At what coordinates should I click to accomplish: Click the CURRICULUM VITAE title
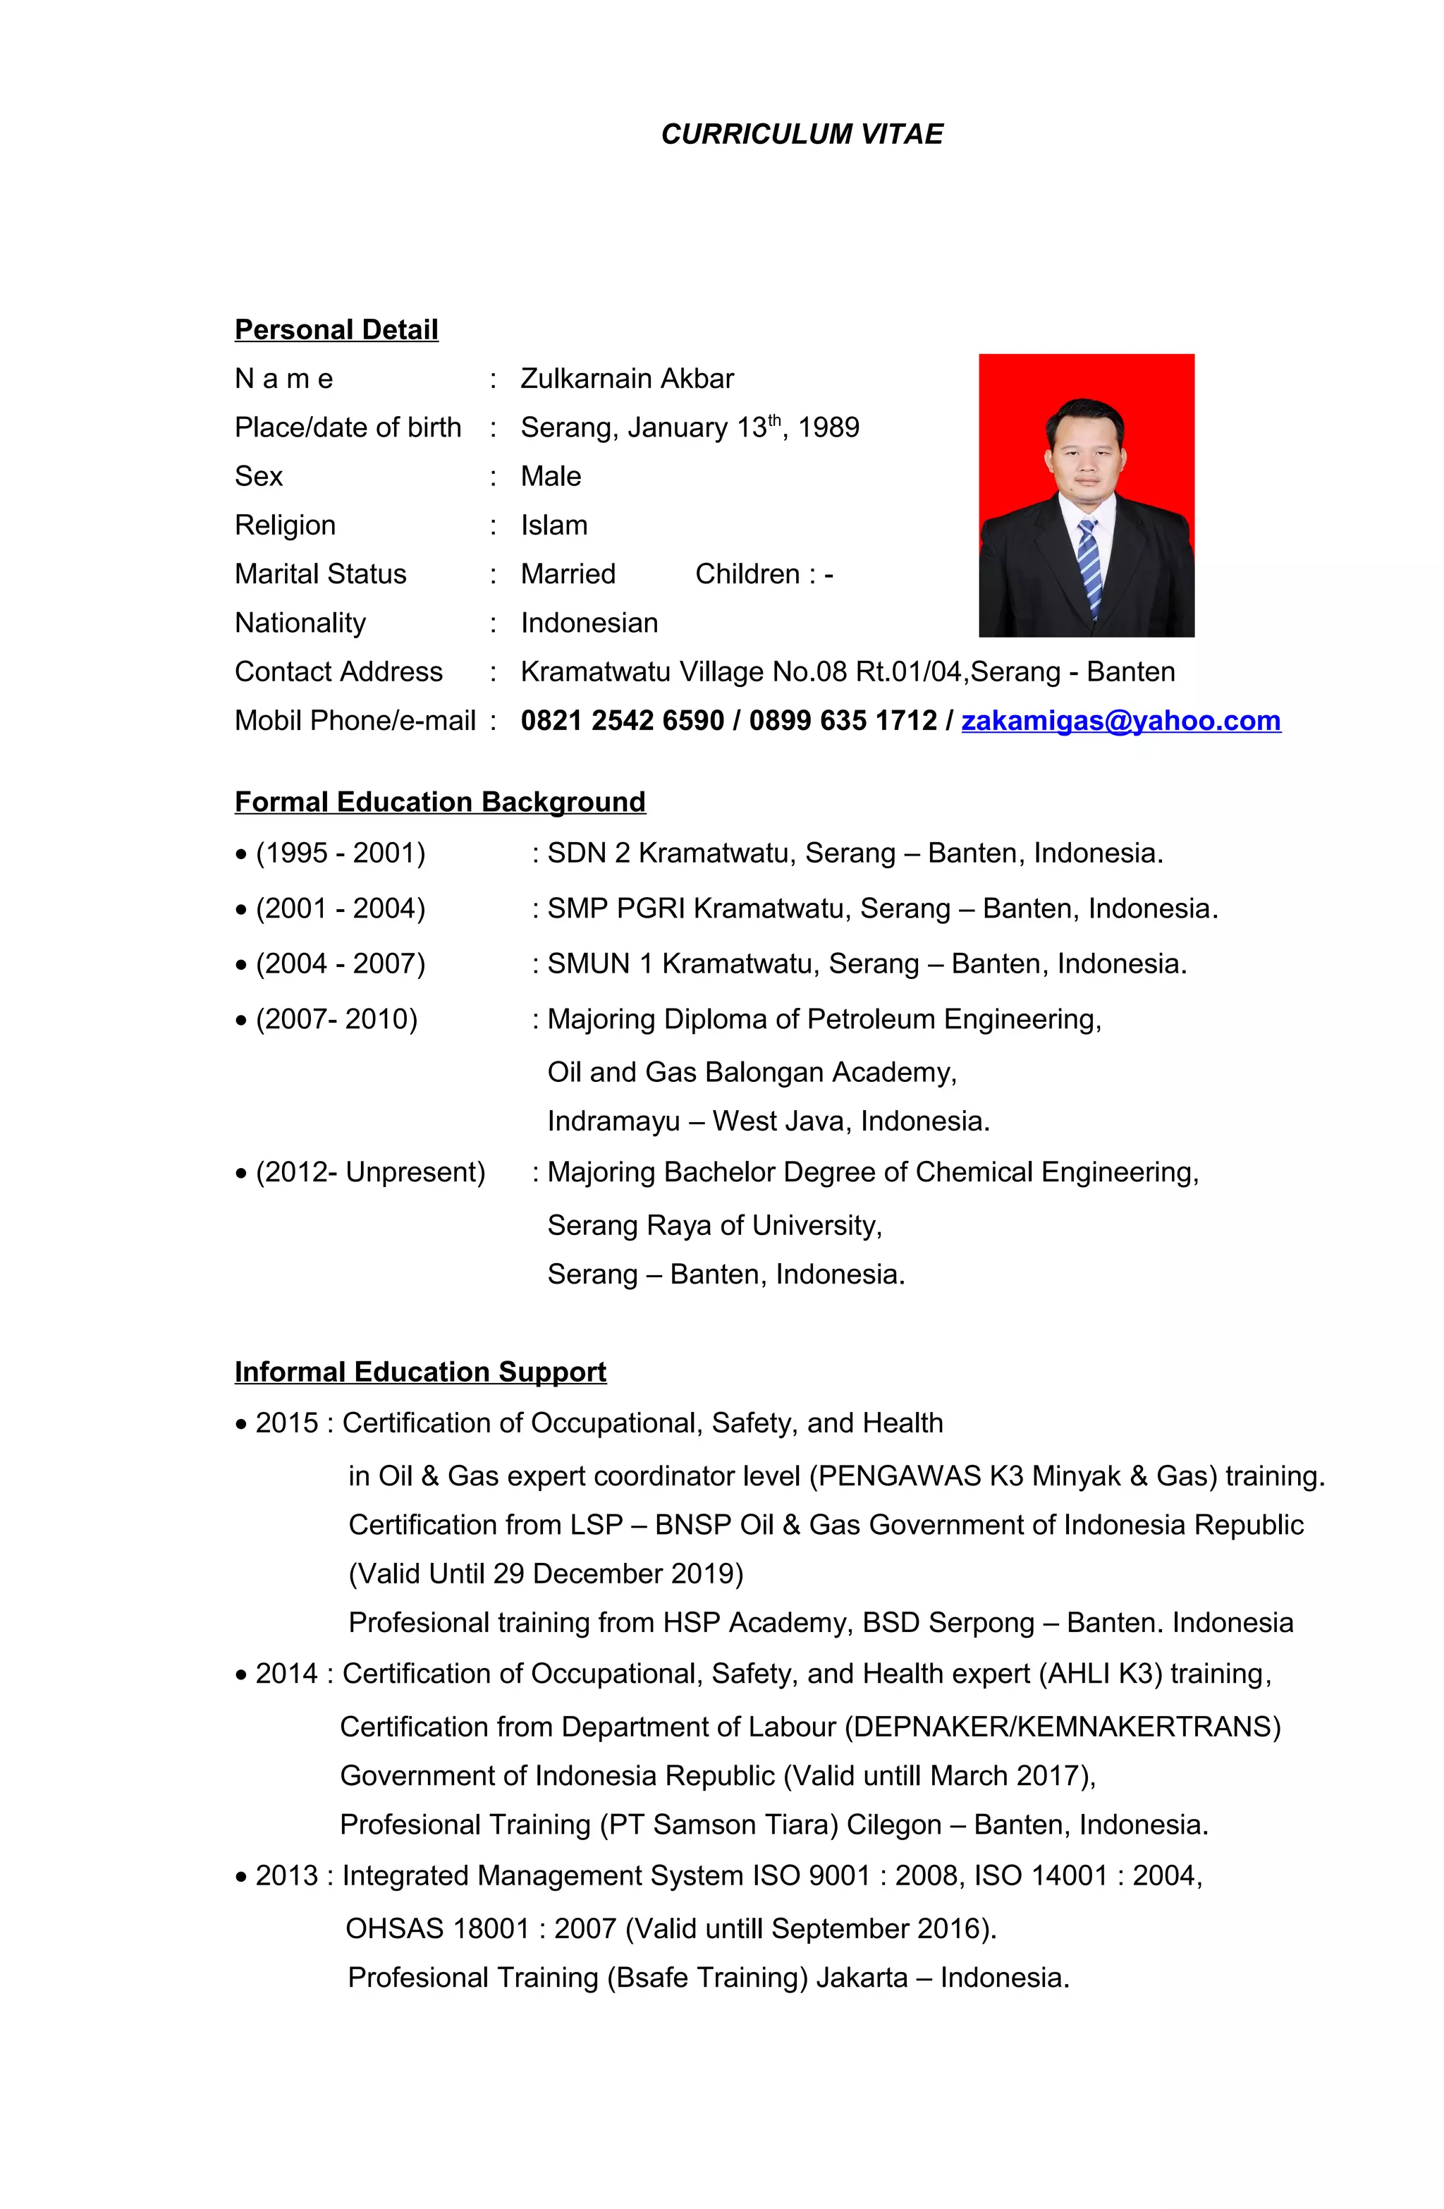click(x=801, y=135)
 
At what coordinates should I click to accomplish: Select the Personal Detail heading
click(x=336, y=330)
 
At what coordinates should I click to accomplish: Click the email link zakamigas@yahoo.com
click(x=1120, y=722)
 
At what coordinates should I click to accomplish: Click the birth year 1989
click(x=828, y=428)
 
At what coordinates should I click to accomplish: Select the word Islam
click(x=554, y=525)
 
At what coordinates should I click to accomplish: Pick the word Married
click(x=568, y=575)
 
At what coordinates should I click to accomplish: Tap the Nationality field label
click(x=300, y=623)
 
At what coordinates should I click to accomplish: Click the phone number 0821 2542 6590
click(x=622, y=722)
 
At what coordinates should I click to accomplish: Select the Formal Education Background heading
click(x=440, y=802)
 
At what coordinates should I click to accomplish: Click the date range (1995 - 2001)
click(x=340, y=853)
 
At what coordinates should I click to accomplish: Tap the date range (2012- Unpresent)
click(x=369, y=1172)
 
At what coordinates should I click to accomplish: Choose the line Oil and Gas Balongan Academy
click(x=752, y=1073)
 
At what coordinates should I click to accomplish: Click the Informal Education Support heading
click(x=420, y=1372)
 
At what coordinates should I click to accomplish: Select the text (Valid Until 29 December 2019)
click(x=546, y=1574)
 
